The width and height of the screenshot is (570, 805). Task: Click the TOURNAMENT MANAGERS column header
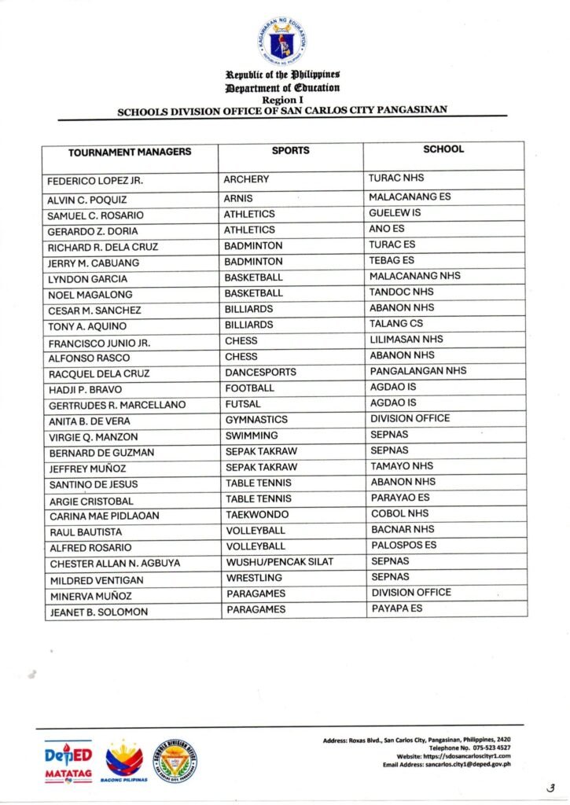click(x=130, y=152)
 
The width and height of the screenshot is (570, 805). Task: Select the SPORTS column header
click(x=290, y=150)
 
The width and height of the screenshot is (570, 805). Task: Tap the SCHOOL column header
click(x=443, y=149)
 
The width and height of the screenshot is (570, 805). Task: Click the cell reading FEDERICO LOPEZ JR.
click(x=95, y=182)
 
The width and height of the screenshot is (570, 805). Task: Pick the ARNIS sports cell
click(x=239, y=198)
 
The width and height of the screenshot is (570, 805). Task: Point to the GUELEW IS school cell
click(x=395, y=213)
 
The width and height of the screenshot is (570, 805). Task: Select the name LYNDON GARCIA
click(x=87, y=279)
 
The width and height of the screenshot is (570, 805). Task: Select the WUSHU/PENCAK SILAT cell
click(x=280, y=561)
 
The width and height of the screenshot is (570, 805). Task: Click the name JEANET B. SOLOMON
click(x=98, y=612)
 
